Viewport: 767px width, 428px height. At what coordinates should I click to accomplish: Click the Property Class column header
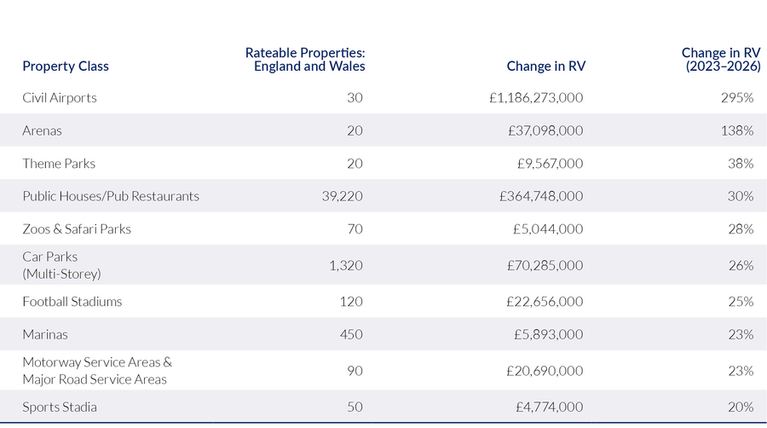[x=66, y=67]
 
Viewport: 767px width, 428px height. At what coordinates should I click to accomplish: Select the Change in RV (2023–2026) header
[x=718, y=60]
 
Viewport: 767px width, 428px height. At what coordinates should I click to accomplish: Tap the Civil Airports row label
[x=60, y=98]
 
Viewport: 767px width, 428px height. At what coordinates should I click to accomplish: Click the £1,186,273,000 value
[x=536, y=98]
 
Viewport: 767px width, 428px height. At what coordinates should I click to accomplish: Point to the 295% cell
[x=736, y=98]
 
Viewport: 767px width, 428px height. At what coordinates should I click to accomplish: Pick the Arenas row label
[x=43, y=131]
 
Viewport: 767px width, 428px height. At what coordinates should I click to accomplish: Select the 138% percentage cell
[x=736, y=131]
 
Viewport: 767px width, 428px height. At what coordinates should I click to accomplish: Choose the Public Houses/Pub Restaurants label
[x=111, y=196]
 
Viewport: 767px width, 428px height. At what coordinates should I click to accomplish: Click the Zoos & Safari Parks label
[x=77, y=229]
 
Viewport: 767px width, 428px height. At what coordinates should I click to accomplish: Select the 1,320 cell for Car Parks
[x=346, y=265]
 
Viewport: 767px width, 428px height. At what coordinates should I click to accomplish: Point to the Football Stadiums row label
[x=72, y=302]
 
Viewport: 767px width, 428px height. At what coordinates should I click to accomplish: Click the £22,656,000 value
[x=545, y=302]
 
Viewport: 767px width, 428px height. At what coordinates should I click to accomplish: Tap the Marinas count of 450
[x=351, y=335]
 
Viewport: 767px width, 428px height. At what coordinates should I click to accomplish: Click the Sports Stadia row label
[x=60, y=407]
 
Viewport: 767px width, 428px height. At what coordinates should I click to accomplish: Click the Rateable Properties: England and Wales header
[x=309, y=60]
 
